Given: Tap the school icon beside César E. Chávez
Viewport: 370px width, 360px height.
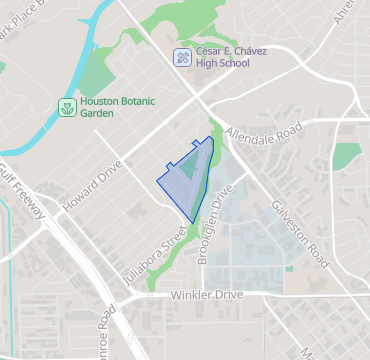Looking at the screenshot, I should (181, 57).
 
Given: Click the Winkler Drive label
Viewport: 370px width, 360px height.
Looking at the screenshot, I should (206, 296).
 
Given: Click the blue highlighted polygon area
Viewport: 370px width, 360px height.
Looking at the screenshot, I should (183, 180).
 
